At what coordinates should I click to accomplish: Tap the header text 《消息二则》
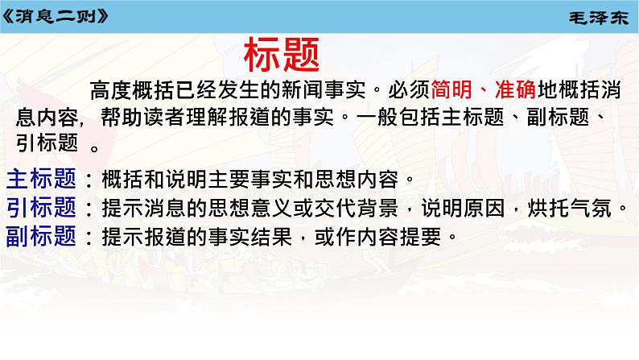[54, 15]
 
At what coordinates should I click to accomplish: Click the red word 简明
[452, 91]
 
